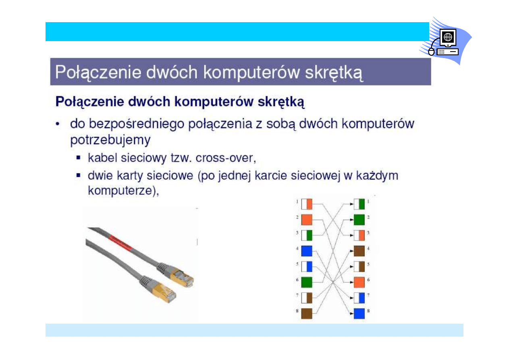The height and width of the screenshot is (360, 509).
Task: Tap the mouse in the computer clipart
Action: [x=431, y=52]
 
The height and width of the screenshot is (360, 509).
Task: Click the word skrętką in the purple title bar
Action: [x=334, y=73]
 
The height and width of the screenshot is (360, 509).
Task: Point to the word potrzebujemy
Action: [x=110, y=140]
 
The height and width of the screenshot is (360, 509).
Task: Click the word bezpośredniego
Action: [x=136, y=124]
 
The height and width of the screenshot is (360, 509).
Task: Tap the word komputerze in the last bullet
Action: [x=120, y=190]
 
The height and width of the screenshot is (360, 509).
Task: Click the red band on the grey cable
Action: [x=120, y=243]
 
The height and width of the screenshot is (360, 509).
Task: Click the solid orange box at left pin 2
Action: [x=307, y=220]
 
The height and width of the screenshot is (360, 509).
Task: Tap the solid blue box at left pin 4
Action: [x=307, y=251]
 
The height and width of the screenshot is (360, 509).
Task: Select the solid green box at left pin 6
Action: [x=307, y=282]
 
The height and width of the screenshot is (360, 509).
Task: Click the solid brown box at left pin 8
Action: [x=307, y=314]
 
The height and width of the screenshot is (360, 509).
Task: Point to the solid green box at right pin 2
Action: [x=359, y=220]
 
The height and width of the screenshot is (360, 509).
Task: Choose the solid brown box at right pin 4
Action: [x=359, y=251]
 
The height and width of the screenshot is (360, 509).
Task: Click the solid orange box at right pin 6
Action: [x=359, y=282]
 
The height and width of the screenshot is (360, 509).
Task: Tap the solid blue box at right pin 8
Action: [x=359, y=314]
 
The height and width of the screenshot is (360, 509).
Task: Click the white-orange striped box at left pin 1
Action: [x=307, y=204]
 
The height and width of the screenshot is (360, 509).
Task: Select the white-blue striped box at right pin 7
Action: [x=359, y=298]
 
